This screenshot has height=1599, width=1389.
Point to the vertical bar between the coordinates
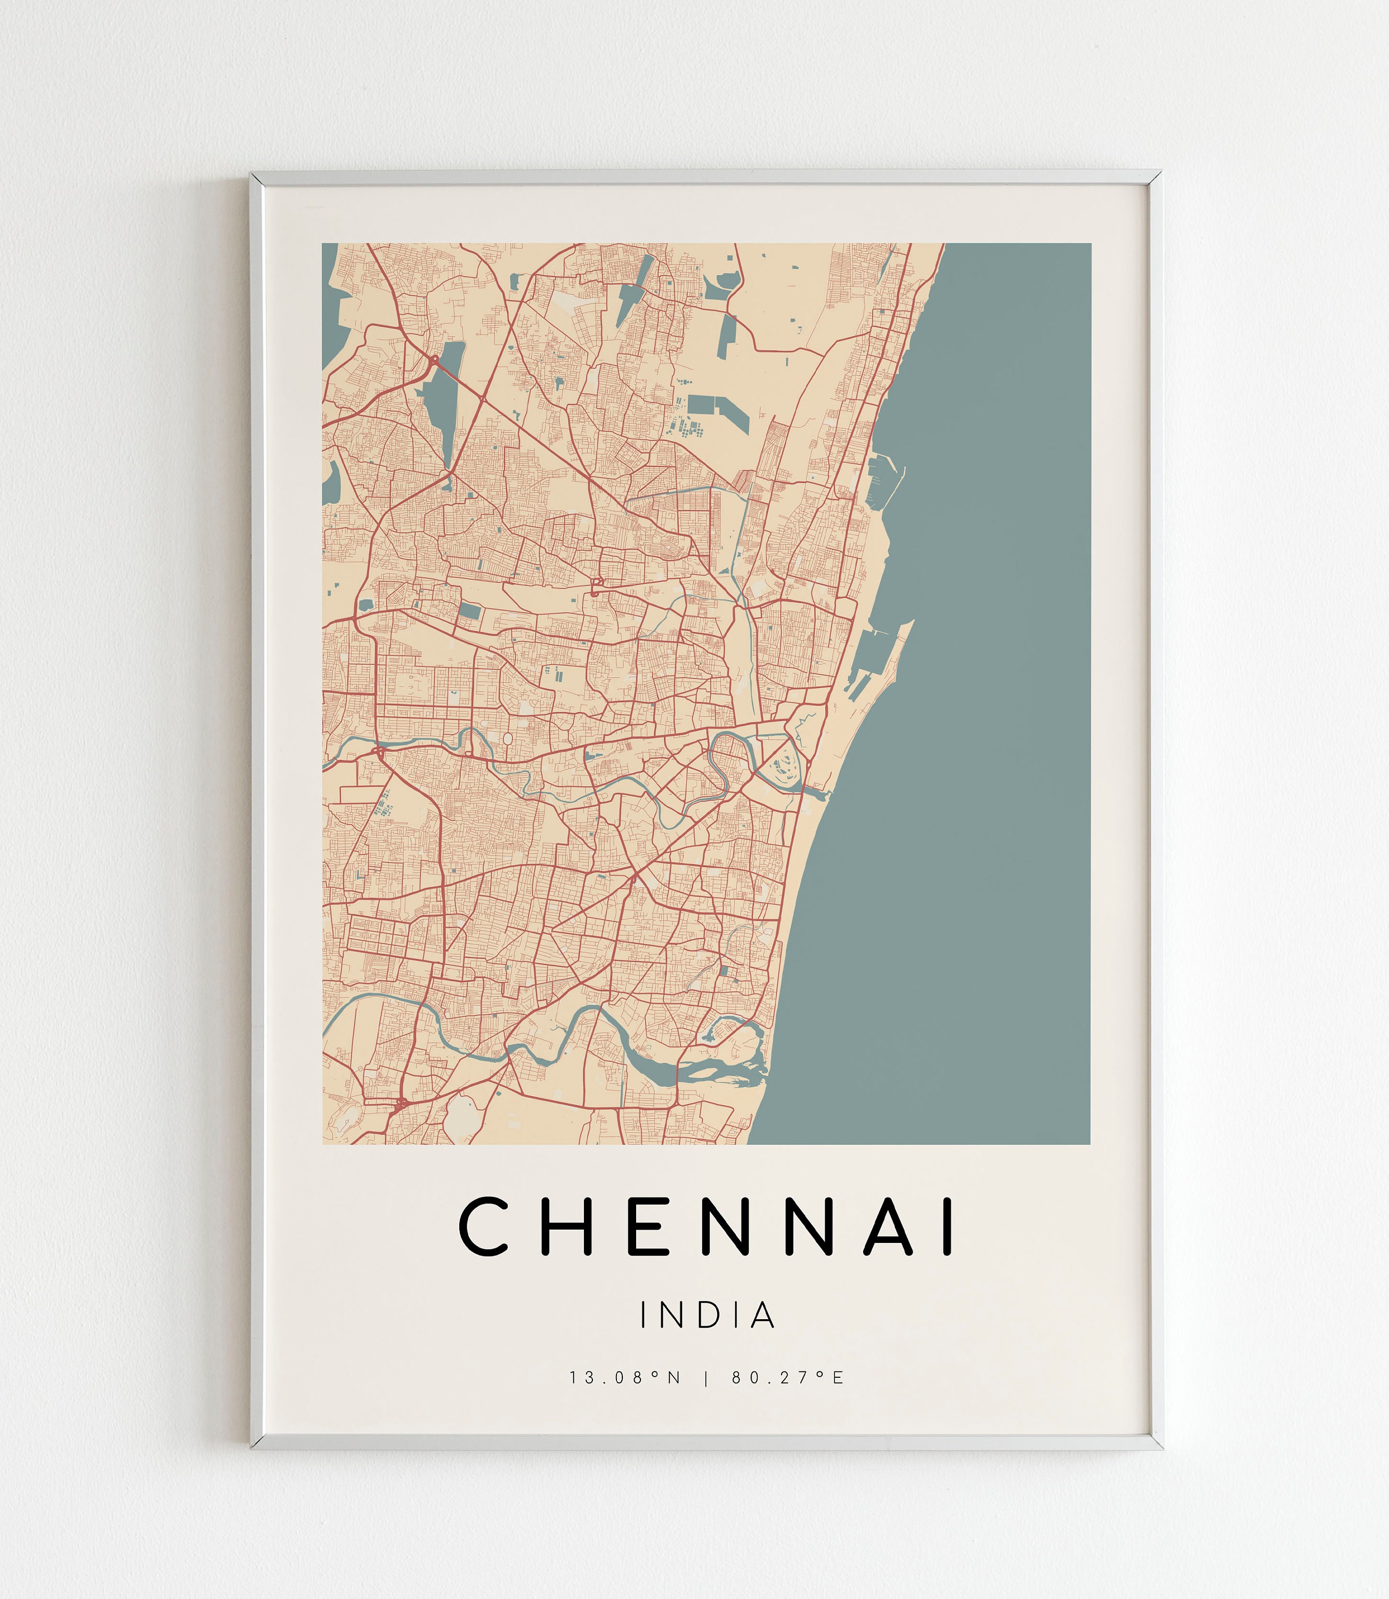tap(706, 1378)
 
